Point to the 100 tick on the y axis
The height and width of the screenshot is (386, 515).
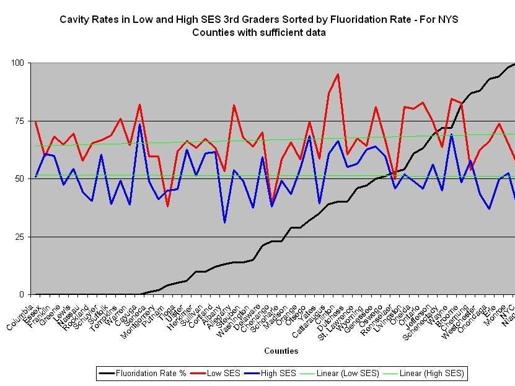(17, 63)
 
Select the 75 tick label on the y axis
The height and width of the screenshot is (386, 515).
(19, 121)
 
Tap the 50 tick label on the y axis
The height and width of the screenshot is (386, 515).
(19, 178)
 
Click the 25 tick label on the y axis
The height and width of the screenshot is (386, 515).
(19, 237)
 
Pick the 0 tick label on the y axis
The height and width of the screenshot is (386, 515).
(22, 294)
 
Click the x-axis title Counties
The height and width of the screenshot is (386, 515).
(281, 351)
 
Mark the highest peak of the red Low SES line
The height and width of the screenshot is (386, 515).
(338, 74)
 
